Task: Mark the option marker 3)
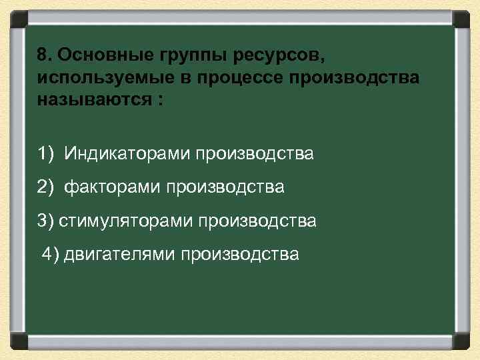[46, 221]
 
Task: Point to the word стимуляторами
[125, 221]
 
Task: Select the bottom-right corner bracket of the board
[461, 341]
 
